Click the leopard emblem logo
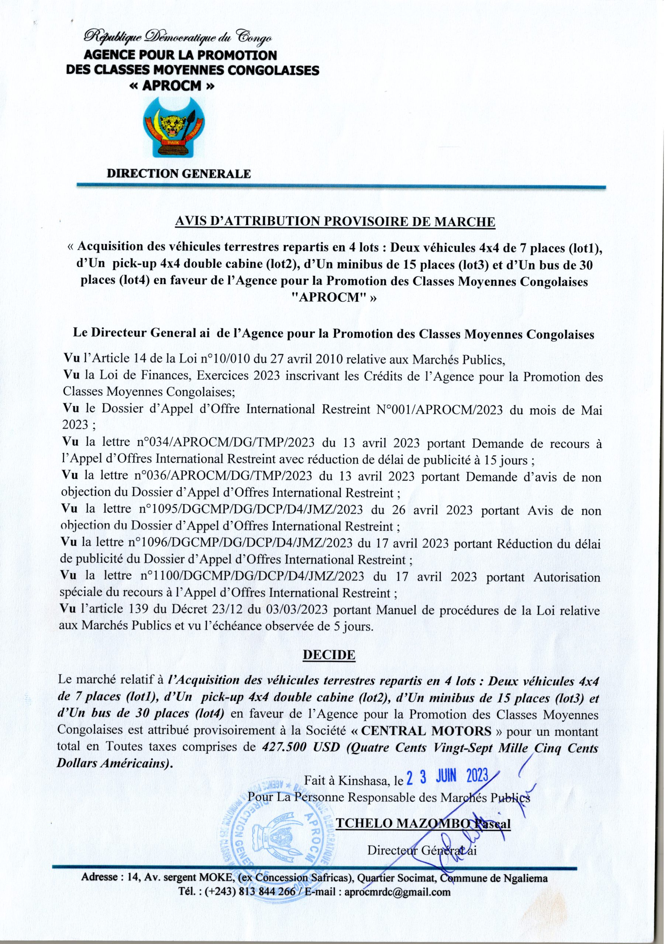pos(174,128)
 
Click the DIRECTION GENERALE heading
pos(179,174)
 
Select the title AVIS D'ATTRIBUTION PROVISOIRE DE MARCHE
pos(335,222)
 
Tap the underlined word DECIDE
pos(329,655)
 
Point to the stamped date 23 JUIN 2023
pos(447,776)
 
